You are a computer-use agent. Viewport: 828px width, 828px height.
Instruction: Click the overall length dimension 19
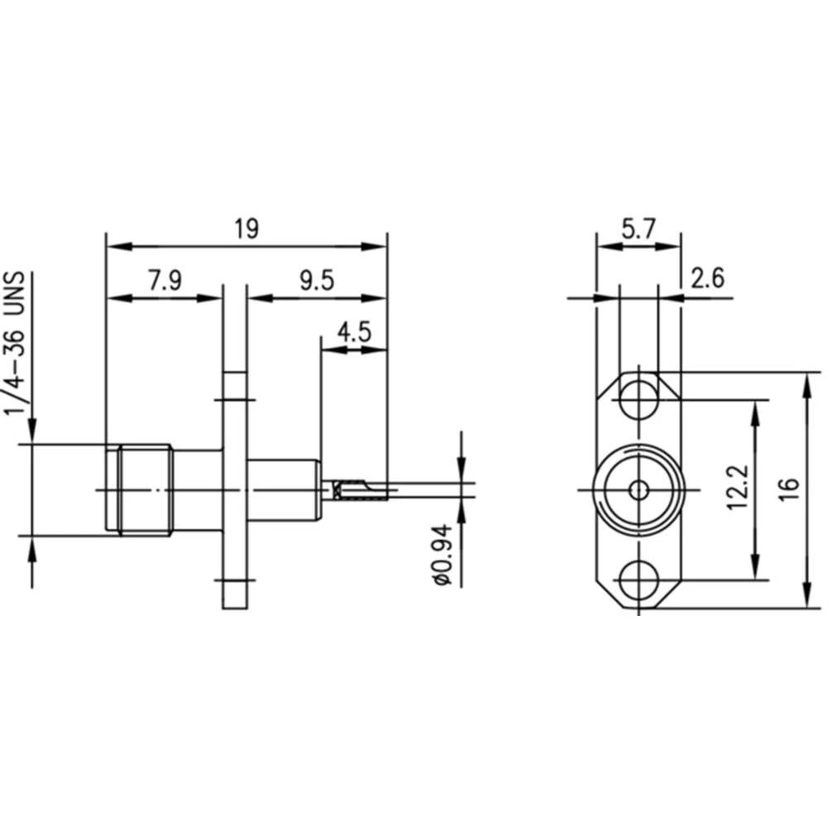246,229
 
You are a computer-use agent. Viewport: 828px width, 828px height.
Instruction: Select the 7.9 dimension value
165,281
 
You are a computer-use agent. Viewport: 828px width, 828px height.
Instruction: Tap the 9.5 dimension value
316,281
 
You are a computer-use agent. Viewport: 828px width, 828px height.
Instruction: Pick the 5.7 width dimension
638,229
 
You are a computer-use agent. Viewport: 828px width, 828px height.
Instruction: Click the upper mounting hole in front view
638,400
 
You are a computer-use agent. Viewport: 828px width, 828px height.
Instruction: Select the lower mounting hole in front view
638,577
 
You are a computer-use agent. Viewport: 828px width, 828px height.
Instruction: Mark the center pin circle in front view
638,489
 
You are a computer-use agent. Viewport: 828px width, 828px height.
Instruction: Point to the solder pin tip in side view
381,493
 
